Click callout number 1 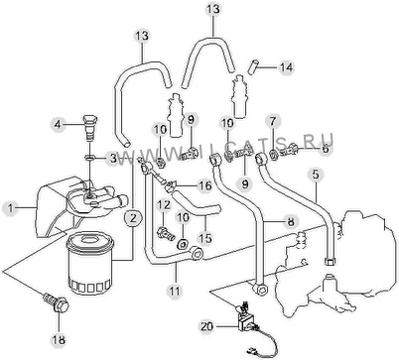10,208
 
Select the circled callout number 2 133,218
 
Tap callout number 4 58,125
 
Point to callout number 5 316,175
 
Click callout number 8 291,221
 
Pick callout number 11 175,291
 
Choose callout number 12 164,205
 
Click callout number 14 286,67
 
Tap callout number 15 205,238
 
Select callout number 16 205,185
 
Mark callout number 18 59,339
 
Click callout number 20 207,327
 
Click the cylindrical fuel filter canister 90,263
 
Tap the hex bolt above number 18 57,302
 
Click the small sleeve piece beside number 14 252,66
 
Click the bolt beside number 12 166,233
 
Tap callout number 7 272,122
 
